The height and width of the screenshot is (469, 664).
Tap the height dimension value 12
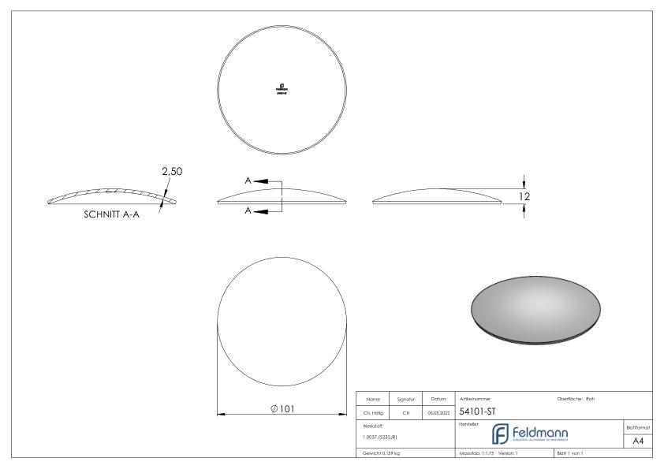[524, 195]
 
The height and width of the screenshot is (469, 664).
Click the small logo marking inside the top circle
[282, 88]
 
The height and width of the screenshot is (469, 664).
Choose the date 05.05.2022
[438, 412]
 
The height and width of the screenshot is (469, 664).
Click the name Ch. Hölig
[375, 412]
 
